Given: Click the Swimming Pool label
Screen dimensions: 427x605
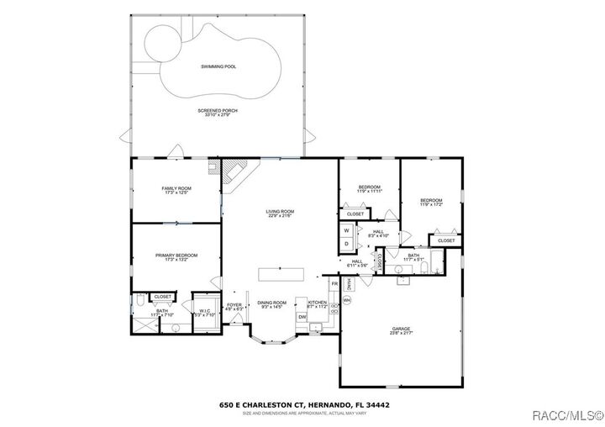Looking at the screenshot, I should pyautogui.click(x=218, y=66).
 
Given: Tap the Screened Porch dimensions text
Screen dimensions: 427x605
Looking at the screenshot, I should pyautogui.click(x=218, y=115).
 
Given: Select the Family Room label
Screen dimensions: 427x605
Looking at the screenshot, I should pyautogui.click(x=176, y=189).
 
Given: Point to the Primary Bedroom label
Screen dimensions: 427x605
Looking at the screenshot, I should pyautogui.click(x=176, y=256).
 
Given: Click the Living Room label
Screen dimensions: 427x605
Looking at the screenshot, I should pyautogui.click(x=279, y=212).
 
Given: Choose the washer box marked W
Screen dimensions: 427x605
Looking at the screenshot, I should pyautogui.click(x=347, y=230).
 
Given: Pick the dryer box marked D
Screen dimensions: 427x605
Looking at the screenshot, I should pyautogui.click(x=347, y=244).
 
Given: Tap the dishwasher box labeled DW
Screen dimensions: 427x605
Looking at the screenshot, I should pyautogui.click(x=302, y=317).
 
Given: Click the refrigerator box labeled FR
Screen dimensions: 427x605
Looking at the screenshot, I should pyautogui.click(x=334, y=285).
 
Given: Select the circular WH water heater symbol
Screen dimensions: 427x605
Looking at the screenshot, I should pyautogui.click(x=346, y=299).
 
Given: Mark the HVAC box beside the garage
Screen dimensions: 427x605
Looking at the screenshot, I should pyautogui.click(x=347, y=284).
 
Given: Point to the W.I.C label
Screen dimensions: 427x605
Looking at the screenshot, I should pyautogui.click(x=205, y=312).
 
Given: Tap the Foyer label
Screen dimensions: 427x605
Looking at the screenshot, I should pyautogui.click(x=234, y=305).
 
